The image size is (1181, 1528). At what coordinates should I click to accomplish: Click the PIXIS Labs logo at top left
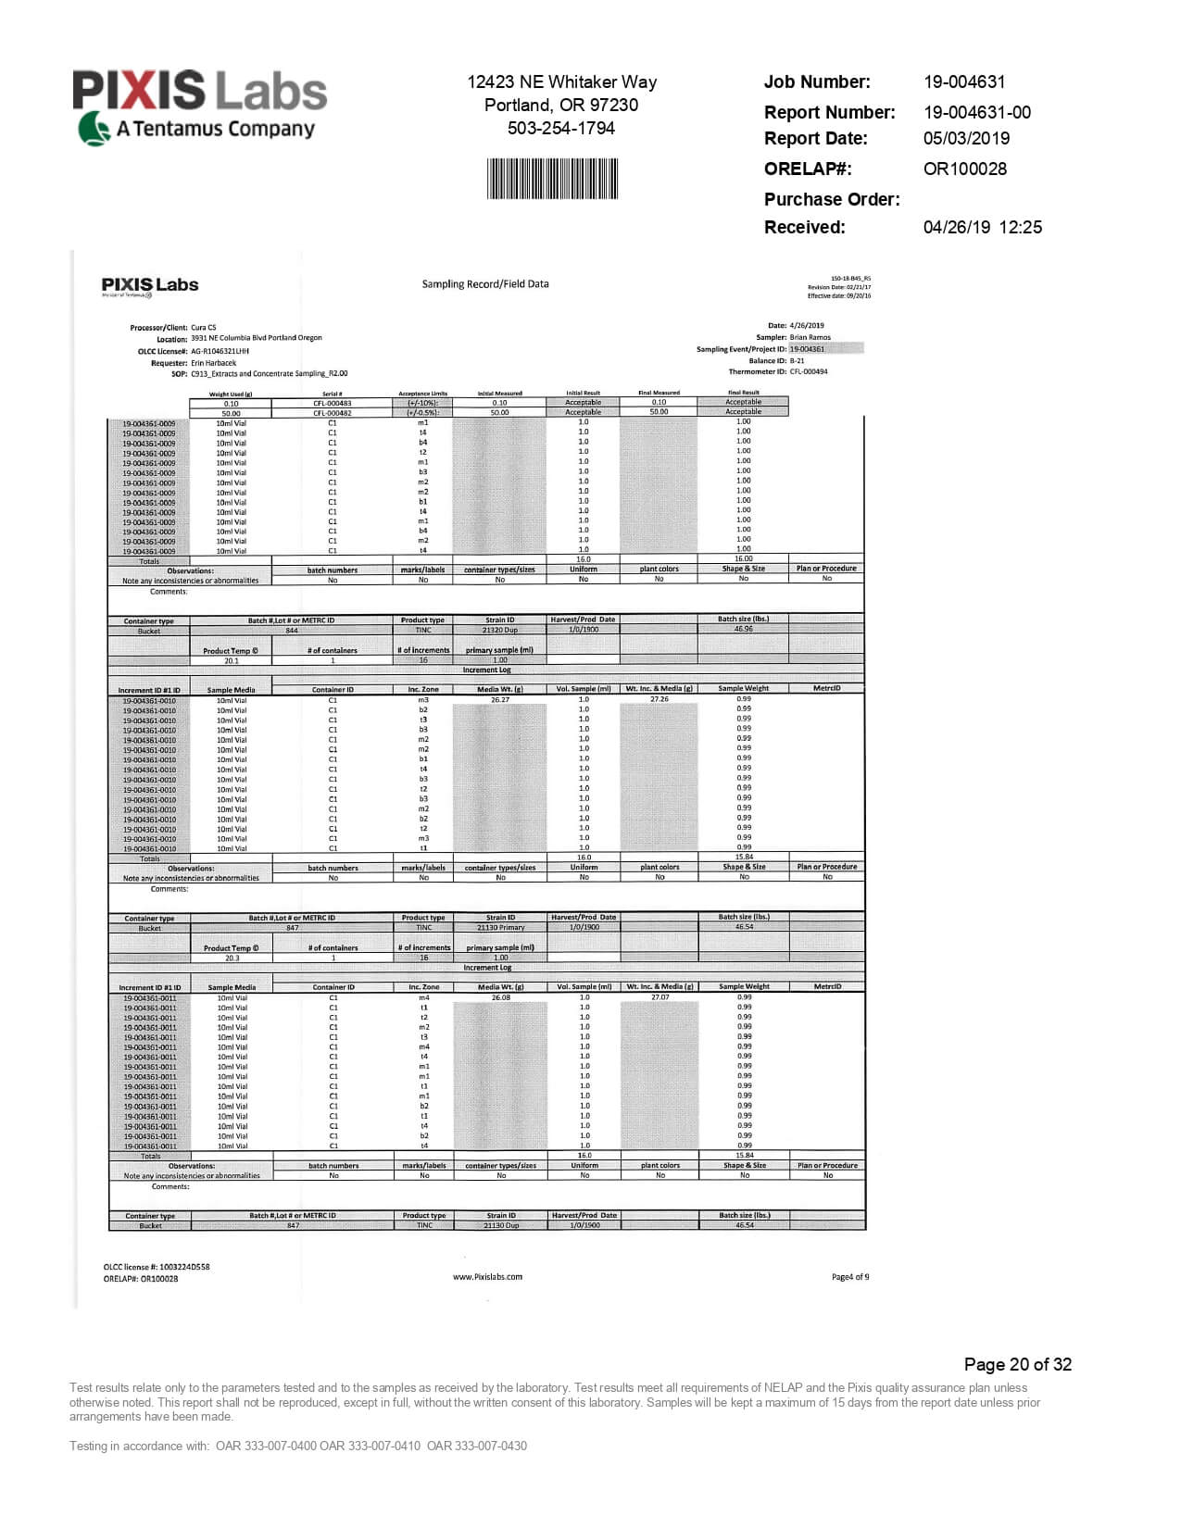[x=199, y=106]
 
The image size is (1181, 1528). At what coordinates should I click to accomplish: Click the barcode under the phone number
[x=552, y=179]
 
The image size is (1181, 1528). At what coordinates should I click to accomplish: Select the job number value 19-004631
[x=964, y=81]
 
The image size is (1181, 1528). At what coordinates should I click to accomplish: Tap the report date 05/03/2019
[x=966, y=138]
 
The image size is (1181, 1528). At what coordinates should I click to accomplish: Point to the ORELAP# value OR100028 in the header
[x=964, y=169]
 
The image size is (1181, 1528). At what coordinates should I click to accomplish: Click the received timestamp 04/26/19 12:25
[x=982, y=227]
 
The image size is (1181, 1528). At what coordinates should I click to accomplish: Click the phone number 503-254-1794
[x=560, y=128]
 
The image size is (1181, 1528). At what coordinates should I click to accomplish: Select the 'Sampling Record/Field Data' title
[x=485, y=284]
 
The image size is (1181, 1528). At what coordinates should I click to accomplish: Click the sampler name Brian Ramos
[x=810, y=337]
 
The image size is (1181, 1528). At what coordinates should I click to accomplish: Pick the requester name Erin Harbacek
[x=214, y=363]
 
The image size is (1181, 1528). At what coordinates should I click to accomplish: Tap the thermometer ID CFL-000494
[x=809, y=371]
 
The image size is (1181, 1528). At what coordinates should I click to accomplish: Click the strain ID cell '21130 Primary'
[x=501, y=927]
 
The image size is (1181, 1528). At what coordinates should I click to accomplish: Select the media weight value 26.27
[x=500, y=700]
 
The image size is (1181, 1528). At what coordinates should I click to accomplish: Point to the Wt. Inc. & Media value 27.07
[x=660, y=997]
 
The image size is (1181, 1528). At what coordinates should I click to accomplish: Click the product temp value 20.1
[x=232, y=660]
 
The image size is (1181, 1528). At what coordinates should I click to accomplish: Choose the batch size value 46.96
[x=743, y=629]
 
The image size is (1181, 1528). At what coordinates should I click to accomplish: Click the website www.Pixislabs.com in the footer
[x=487, y=1277]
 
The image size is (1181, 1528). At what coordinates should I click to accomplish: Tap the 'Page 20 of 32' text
[x=1017, y=1364]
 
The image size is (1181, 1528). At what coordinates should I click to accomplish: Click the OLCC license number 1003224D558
[x=184, y=1267]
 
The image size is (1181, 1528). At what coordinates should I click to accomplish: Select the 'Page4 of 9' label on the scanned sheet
[x=850, y=1277]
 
